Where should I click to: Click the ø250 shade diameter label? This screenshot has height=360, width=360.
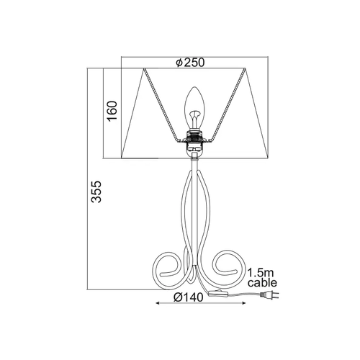190,63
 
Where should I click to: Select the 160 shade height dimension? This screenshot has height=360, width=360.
112,111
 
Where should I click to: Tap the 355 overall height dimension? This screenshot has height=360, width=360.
96,192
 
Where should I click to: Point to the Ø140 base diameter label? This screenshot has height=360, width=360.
189,297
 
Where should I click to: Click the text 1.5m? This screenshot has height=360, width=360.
261,273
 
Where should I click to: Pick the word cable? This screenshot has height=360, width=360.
262,283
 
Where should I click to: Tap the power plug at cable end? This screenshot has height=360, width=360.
269,295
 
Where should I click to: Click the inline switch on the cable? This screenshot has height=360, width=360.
217,294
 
